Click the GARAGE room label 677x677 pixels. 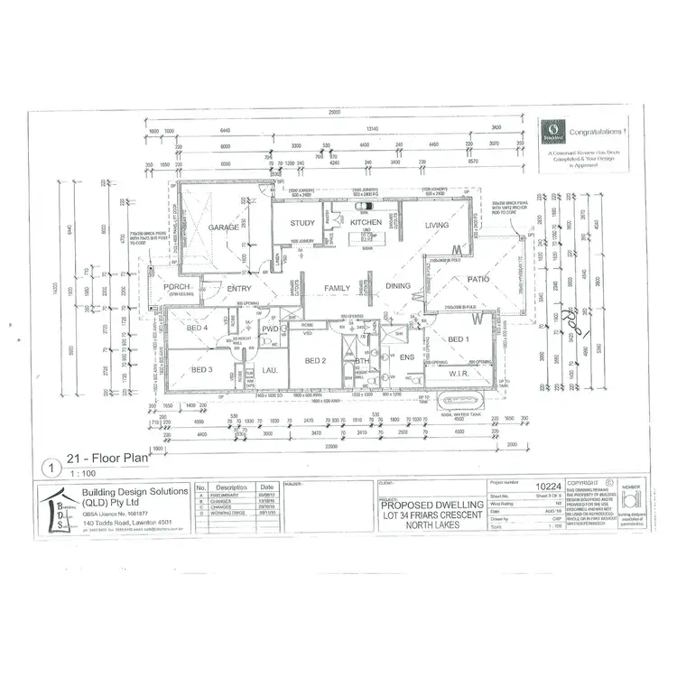tap(223, 227)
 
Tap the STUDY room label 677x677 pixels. tap(302, 223)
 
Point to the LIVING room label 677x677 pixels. tap(438, 225)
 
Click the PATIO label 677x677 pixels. tap(478, 280)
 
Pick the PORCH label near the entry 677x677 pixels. tap(177, 288)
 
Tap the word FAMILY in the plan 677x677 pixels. tap(337, 288)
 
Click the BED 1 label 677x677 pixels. tap(459, 339)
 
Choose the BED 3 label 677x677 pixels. tap(201, 370)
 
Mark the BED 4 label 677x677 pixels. tap(199, 329)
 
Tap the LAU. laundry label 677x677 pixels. tap(269, 370)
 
